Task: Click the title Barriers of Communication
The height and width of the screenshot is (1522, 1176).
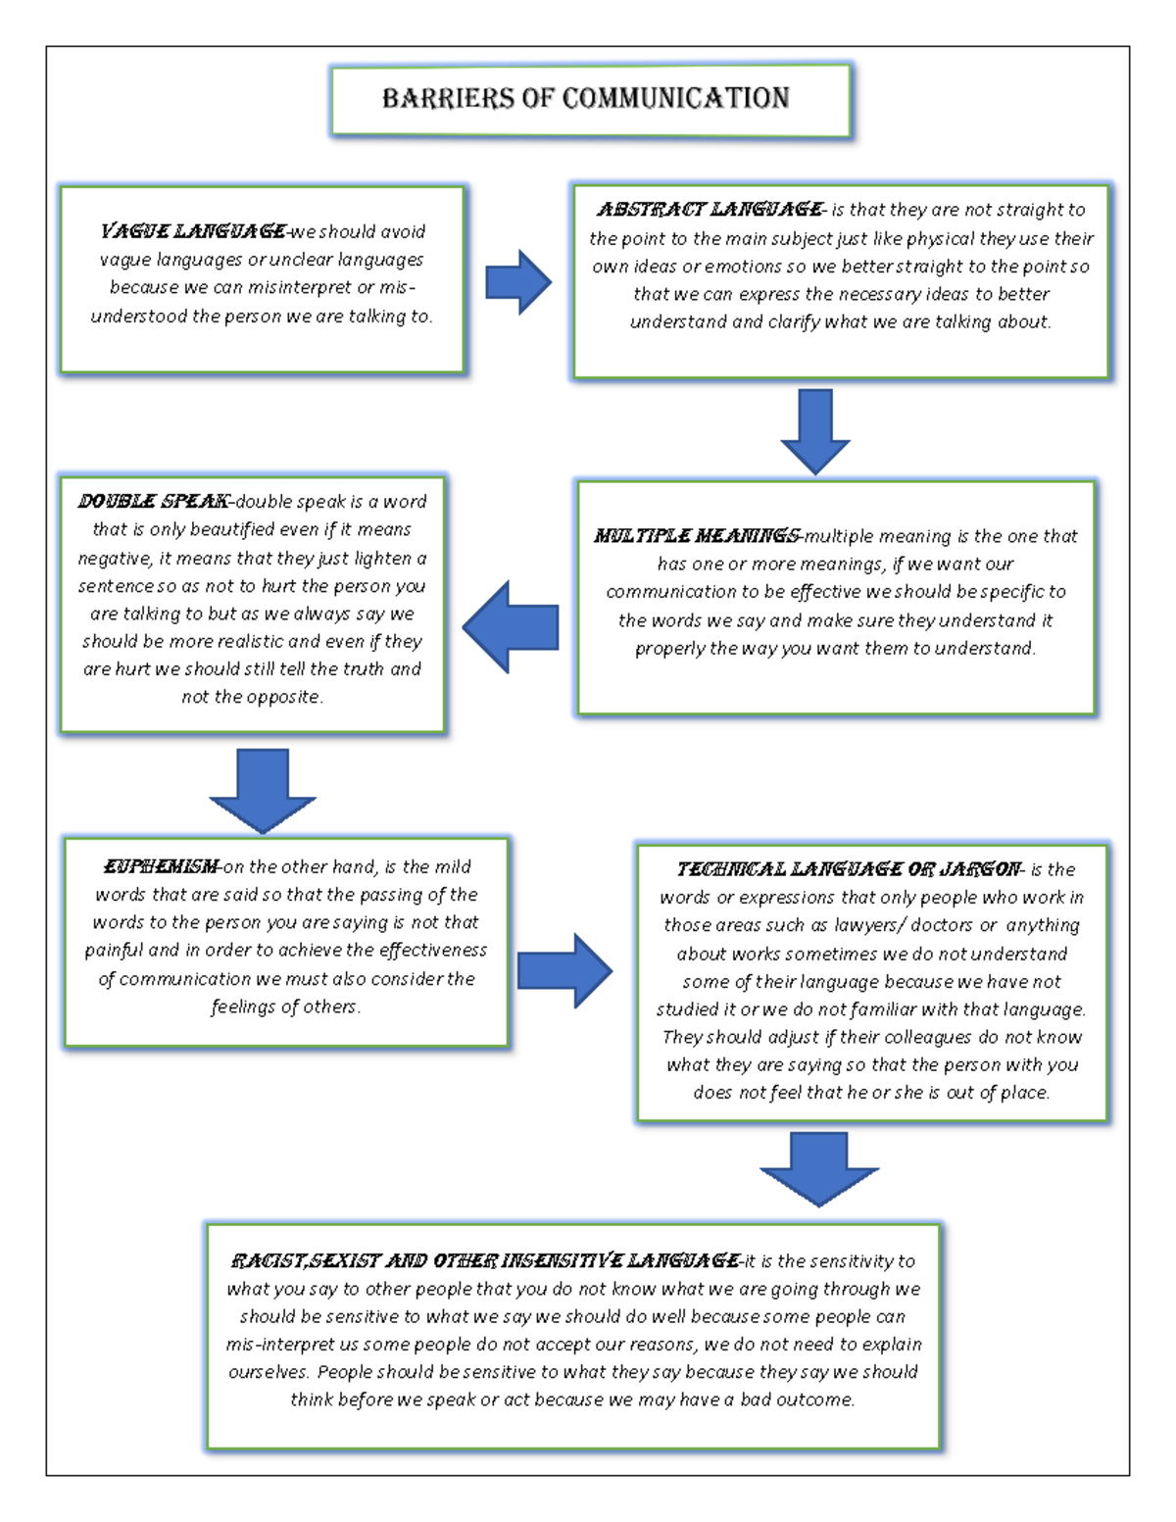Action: (585, 98)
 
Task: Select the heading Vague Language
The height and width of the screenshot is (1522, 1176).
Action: (193, 231)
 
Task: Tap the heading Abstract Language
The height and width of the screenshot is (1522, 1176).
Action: (710, 209)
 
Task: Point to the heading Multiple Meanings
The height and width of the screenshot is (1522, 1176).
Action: (697, 536)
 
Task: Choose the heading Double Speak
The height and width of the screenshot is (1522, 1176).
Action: (154, 501)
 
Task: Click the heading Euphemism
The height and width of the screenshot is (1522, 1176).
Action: (161, 866)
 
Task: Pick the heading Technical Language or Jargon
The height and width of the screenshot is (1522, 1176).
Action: (849, 869)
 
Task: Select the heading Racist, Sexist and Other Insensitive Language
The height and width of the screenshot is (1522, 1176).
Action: (485, 1260)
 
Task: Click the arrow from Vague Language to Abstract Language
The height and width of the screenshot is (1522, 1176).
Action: (518, 282)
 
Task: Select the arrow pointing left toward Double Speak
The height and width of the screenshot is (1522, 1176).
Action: (511, 627)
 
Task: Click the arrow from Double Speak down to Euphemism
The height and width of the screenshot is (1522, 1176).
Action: (263, 790)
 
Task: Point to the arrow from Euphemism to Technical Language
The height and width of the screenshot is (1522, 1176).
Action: (564, 970)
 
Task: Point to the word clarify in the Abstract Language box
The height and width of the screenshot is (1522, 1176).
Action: (794, 321)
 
